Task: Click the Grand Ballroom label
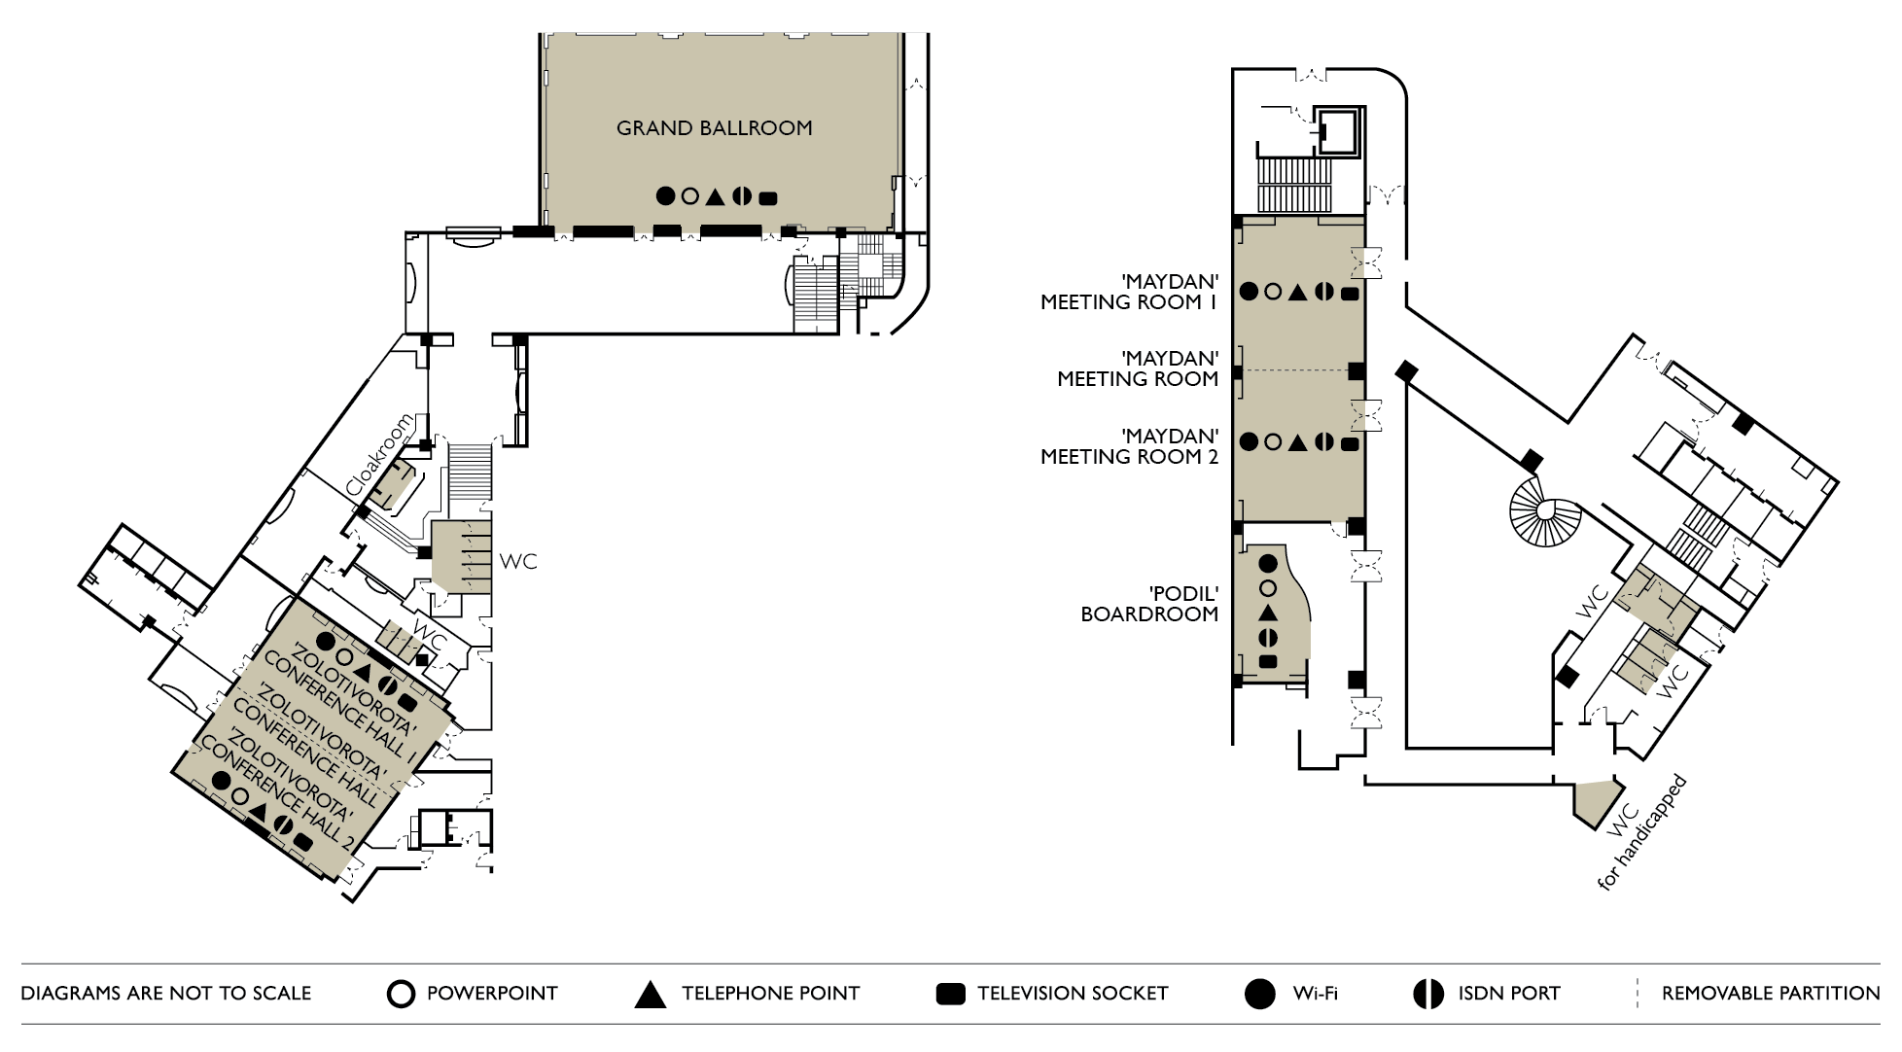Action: click(714, 128)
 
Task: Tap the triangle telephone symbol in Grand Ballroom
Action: click(716, 196)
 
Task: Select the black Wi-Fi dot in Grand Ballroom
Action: click(665, 195)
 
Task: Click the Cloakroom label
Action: click(379, 455)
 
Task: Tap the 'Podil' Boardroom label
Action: click(1150, 604)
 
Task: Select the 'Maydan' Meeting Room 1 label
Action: click(1129, 292)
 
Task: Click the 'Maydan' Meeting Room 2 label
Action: click(1129, 446)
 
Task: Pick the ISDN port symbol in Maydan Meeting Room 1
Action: click(1323, 291)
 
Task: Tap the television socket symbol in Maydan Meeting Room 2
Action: click(1350, 444)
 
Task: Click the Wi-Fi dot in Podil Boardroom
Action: click(1268, 563)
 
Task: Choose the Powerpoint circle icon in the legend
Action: click(401, 994)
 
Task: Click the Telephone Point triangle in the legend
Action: click(650, 995)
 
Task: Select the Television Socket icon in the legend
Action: click(950, 994)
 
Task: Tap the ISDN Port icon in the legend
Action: click(1427, 994)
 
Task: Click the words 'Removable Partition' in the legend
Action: click(1770, 994)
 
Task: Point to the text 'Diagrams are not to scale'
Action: click(166, 994)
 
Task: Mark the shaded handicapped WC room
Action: click(1596, 801)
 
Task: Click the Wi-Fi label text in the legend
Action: click(1315, 994)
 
